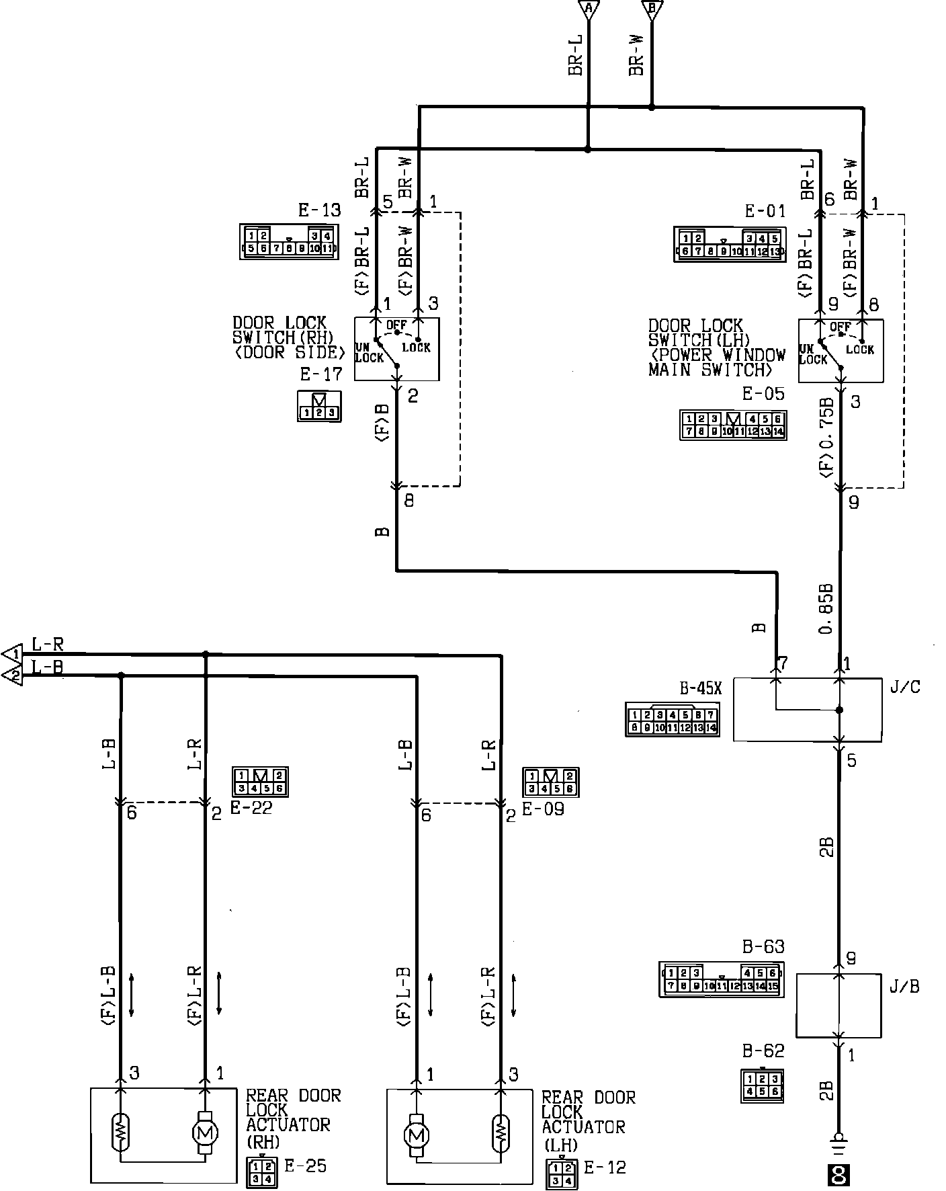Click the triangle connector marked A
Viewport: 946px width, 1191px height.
click(589, 9)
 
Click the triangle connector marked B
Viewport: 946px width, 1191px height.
click(650, 9)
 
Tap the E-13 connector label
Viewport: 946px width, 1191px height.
click(319, 210)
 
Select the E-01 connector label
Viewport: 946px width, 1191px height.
click(765, 212)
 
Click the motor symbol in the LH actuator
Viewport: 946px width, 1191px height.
click(417, 1136)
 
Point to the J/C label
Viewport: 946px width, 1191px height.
click(904, 688)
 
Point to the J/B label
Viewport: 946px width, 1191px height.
click(904, 987)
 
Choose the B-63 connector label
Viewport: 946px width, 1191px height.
click(763, 947)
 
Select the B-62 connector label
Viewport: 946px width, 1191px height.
click(763, 1051)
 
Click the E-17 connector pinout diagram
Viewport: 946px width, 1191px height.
click(319, 407)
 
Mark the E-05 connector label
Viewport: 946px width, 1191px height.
click(763, 394)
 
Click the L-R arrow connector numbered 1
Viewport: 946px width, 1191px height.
click(13, 653)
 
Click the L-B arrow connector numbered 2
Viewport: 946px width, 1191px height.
click(13, 675)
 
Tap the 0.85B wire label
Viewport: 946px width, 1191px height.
click(826, 609)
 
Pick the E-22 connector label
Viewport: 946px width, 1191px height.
click(251, 808)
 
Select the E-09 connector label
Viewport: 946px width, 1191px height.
click(543, 808)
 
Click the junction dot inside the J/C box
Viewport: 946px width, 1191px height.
click(839, 710)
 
